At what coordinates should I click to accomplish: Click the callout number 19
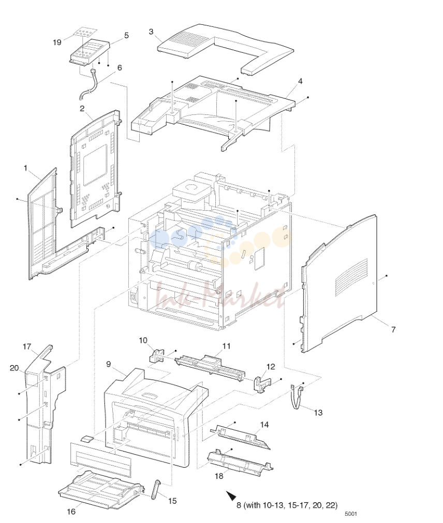click(x=57, y=42)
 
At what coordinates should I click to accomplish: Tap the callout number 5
click(x=126, y=35)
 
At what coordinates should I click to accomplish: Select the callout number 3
click(x=151, y=32)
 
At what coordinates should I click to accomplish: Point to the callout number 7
click(x=393, y=329)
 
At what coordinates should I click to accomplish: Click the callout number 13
click(x=318, y=413)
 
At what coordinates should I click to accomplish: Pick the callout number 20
click(x=14, y=368)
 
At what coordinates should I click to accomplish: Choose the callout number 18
click(x=219, y=476)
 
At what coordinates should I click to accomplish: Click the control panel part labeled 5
click(x=90, y=52)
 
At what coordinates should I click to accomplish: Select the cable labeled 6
click(x=88, y=85)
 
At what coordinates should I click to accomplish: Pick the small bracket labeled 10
click(x=156, y=356)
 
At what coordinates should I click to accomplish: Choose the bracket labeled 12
click(x=263, y=385)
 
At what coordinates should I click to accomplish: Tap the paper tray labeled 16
click(x=101, y=490)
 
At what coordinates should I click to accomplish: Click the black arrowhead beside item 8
click(x=231, y=496)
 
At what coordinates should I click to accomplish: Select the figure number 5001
click(x=351, y=514)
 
